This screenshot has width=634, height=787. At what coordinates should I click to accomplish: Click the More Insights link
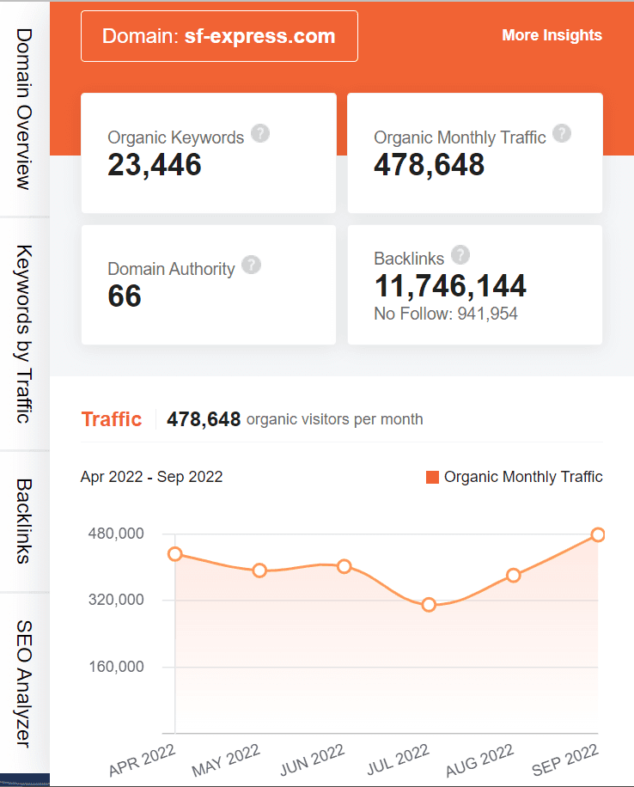552,35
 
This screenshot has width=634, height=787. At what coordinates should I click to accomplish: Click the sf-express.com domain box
219,36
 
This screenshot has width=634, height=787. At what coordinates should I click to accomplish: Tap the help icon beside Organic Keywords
260,135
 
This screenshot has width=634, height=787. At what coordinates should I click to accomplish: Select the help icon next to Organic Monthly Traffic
562,134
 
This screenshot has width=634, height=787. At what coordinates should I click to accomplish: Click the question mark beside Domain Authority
251,265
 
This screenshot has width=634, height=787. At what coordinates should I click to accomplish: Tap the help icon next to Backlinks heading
460,255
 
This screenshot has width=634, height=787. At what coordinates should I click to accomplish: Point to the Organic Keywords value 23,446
155,164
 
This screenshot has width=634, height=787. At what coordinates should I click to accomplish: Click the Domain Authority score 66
125,296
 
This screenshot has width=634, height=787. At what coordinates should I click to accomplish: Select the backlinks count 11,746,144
450,286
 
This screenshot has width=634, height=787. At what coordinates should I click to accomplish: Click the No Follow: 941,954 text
446,314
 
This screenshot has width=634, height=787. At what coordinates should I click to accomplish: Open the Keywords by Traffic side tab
24,333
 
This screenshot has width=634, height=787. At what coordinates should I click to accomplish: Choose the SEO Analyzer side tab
24,683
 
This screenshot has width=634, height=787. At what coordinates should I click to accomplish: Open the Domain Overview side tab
24,109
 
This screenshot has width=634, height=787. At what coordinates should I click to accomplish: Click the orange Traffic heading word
112,419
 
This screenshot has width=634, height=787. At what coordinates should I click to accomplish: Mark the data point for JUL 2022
429,606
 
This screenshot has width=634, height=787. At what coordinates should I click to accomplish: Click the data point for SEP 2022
598,535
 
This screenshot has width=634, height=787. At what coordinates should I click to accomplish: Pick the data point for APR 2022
175,554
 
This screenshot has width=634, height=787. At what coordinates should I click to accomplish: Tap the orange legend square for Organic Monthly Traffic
432,477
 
